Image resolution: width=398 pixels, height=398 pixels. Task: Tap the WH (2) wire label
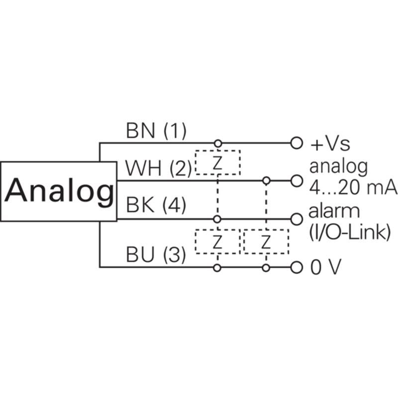pyautogui.click(x=158, y=169)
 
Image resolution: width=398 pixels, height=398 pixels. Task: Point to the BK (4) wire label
pyautogui.click(x=156, y=205)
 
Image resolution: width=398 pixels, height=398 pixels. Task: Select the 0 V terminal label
pyautogui.click(x=326, y=268)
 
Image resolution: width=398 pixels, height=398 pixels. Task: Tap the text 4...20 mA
pyautogui.click(x=353, y=189)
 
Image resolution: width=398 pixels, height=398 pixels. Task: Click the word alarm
pyautogui.click(x=334, y=211)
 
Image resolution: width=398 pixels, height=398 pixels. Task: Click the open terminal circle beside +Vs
pyautogui.click(x=297, y=143)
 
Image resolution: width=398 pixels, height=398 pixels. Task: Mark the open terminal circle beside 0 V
pyautogui.click(x=297, y=268)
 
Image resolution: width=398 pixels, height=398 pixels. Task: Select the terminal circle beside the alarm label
pyautogui.click(x=297, y=218)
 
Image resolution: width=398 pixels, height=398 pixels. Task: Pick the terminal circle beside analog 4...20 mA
pyautogui.click(x=297, y=180)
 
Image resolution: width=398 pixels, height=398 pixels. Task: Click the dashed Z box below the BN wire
pyautogui.click(x=217, y=162)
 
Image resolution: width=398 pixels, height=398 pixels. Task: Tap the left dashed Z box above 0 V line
pyautogui.click(x=217, y=242)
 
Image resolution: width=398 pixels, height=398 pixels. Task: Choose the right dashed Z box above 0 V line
pyautogui.click(x=266, y=242)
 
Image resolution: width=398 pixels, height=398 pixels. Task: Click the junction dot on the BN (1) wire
pyautogui.click(x=217, y=143)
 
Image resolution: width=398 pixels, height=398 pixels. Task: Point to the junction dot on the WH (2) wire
pyautogui.click(x=266, y=180)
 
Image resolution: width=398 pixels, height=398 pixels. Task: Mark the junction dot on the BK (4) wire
pyautogui.click(x=217, y=218)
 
